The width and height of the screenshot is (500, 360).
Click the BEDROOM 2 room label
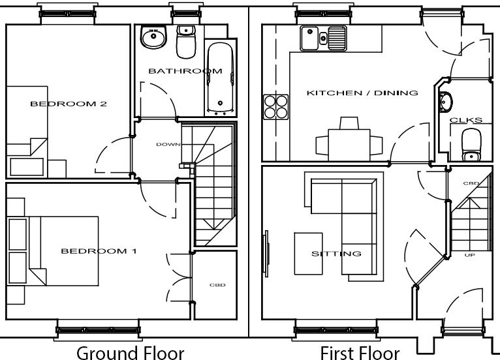[x=69, y=104]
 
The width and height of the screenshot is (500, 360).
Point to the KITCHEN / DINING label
[x=362, y=93]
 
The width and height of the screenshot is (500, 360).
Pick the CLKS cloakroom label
[x=466, y=120]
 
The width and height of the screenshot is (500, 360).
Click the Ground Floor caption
[x=131, y=353]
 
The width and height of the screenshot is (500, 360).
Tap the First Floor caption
[x=360, y=353]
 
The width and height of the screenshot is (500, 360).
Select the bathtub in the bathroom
[x=219, y=78]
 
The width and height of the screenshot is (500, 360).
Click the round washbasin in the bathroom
[x=152, y=38]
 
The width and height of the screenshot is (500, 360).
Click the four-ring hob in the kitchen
[x=275, y=106]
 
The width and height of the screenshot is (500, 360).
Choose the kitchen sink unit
[x=322, y=38]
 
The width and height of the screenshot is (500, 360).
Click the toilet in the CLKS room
[x=471, y=144]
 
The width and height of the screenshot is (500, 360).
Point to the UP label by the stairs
[x=469, y=254]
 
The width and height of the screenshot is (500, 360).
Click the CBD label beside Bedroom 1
[x=217, y=285]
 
